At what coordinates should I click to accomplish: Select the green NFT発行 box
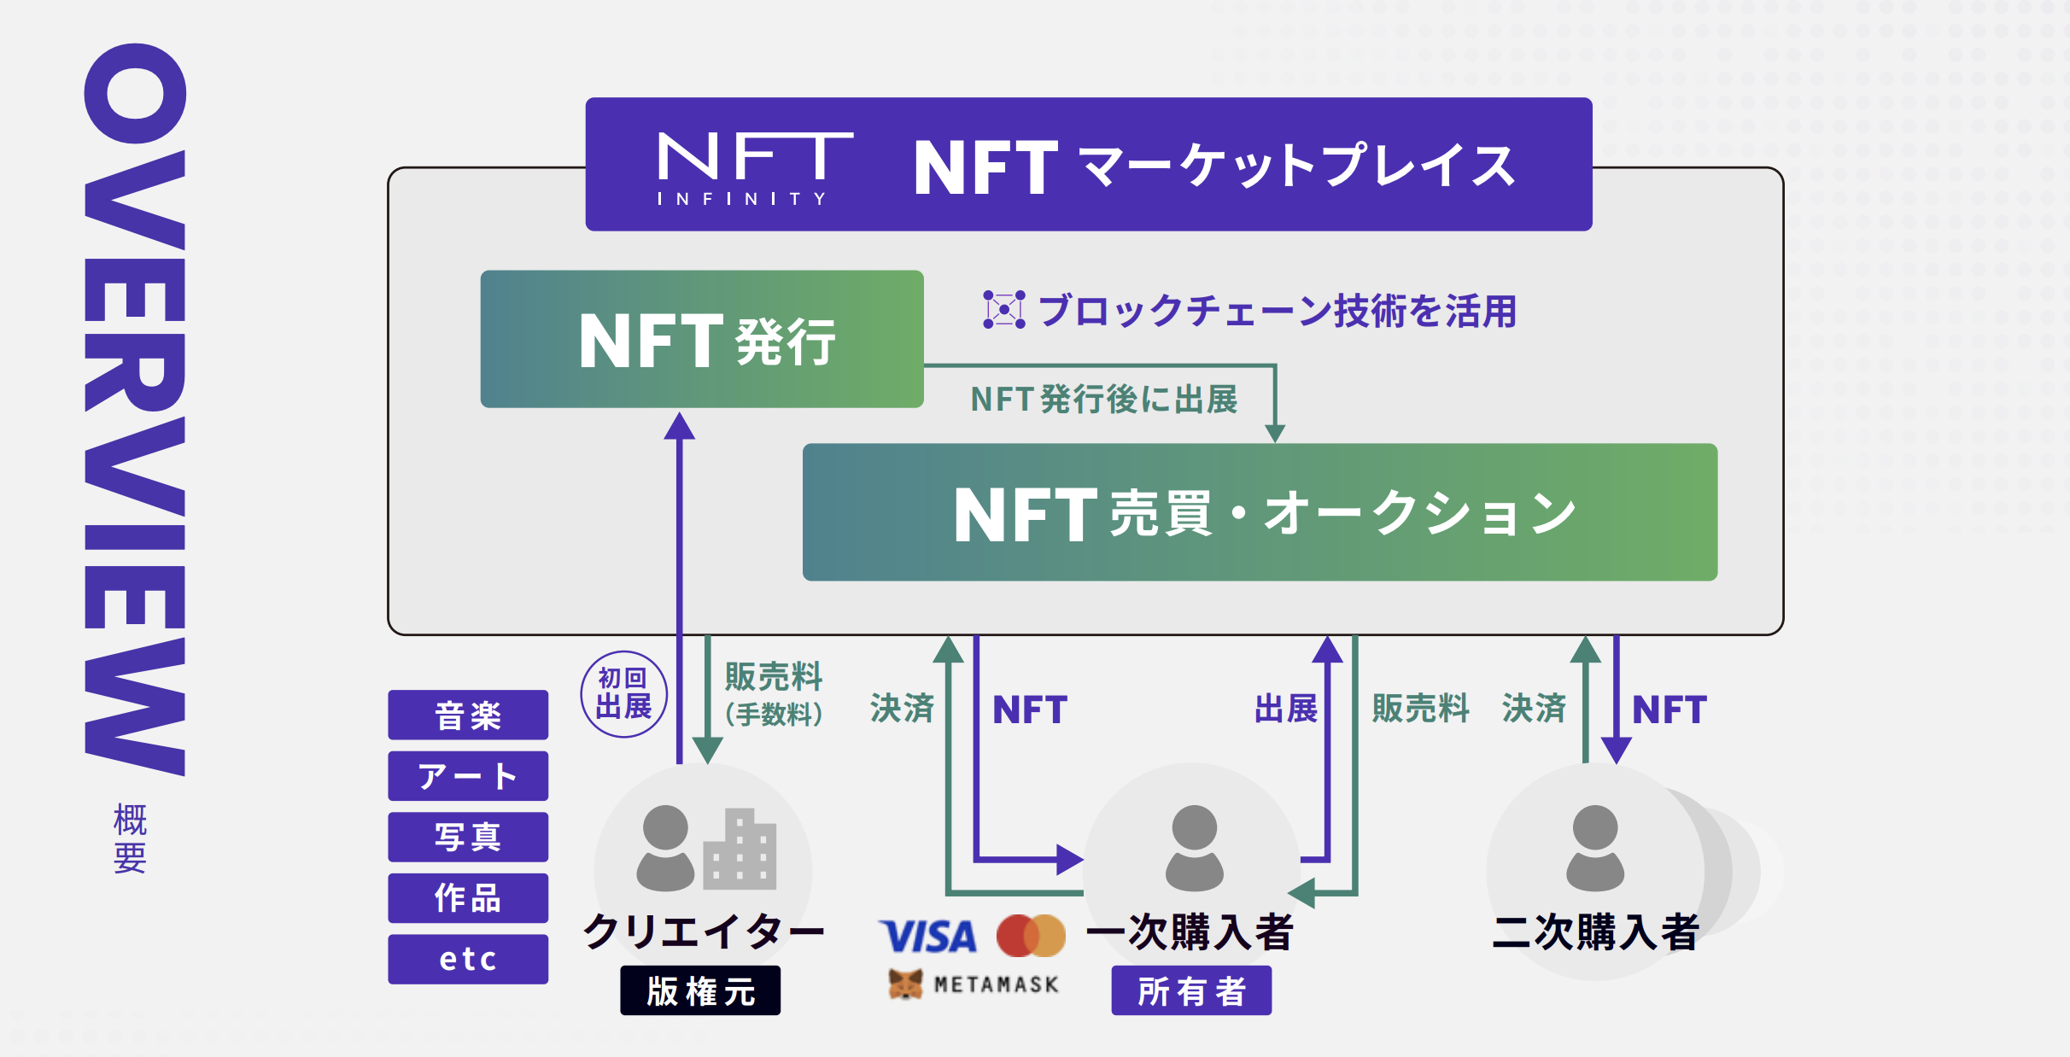click(702, 339)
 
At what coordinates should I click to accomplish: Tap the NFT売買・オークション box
click(1260, 512)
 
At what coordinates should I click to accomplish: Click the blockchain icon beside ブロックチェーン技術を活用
click(1003, 309)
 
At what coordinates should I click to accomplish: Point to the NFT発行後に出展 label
click(1104, 400)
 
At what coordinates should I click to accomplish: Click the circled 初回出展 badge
click(623, 694)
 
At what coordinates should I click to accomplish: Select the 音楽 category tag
click(468, 715)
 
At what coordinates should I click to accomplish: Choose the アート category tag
click(468, 776)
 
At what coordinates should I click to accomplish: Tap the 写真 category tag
click(468, 837)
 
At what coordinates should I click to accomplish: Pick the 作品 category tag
click(468, 898)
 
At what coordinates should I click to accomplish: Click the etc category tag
click(468, 959)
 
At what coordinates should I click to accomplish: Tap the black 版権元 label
click(700, 990)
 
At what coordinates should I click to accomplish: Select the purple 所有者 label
click(1191, 990)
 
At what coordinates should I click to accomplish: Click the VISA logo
click(928, 937)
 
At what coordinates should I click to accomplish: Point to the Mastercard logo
click(1031, 936)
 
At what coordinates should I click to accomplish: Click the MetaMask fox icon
click(905, 984)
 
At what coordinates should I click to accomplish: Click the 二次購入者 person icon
click(1594, 847)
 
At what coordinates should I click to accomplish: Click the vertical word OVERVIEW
click(135, 410)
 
